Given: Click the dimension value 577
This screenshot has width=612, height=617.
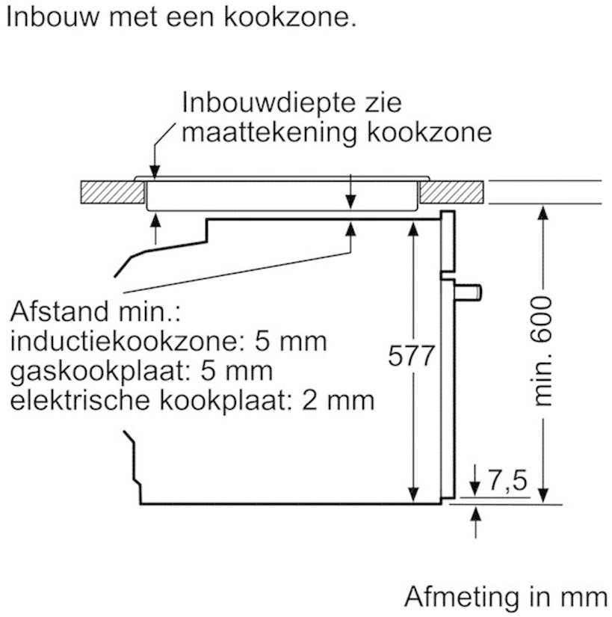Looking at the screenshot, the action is coord(411,355).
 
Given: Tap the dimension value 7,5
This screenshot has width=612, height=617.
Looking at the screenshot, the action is coord(507,480).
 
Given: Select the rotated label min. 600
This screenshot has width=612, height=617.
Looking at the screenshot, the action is coord(542,350).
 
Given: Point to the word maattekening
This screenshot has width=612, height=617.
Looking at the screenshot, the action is coord(269,132).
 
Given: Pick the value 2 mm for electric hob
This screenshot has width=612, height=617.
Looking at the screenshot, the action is coord(338,401).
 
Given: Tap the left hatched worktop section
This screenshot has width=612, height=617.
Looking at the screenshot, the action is coord(112,192).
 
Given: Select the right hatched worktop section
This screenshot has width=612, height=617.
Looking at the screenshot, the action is coord(451,192).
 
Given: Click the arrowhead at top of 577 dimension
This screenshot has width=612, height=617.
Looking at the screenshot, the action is coord(412,229).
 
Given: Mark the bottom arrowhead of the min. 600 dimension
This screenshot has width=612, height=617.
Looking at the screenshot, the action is coord(543,495).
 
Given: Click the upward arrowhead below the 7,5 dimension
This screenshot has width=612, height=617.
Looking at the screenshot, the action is coord(476,514).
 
